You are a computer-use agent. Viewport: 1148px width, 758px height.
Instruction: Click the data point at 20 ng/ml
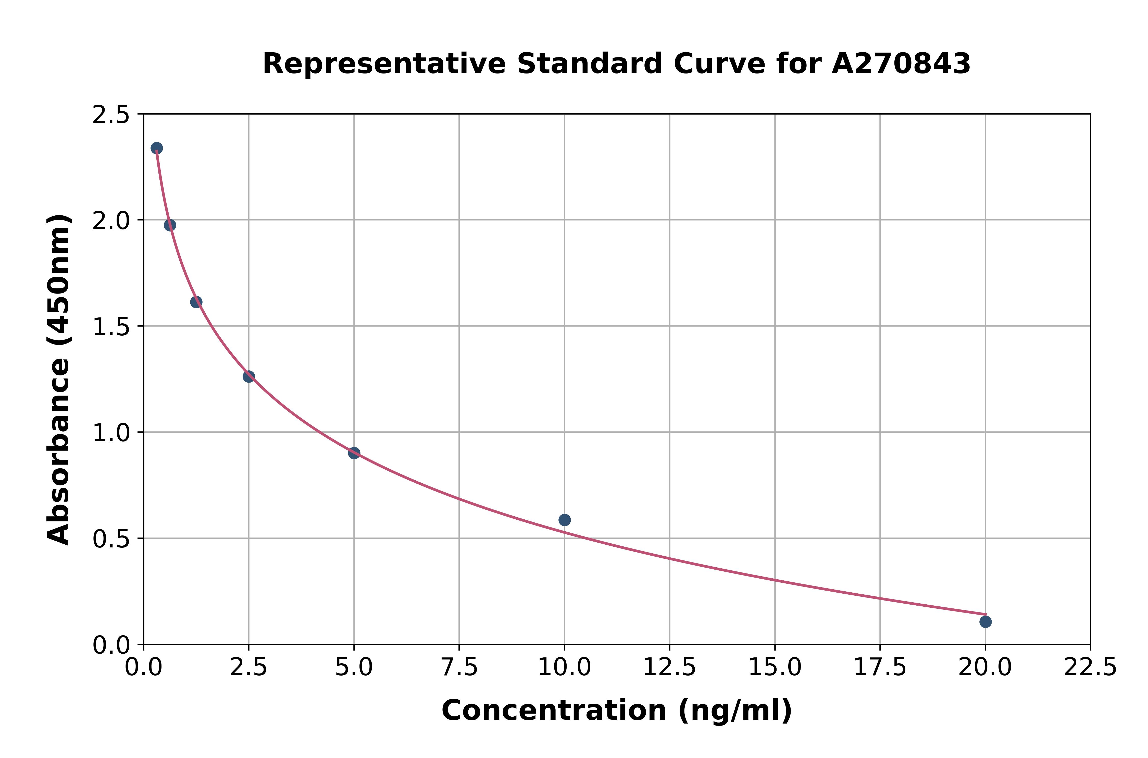point(985,622)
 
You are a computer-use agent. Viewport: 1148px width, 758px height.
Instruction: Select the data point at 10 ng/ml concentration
point(564,520)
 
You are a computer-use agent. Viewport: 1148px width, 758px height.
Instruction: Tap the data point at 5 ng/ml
point(354,453)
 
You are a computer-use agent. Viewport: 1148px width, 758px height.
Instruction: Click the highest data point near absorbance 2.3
point(157,148)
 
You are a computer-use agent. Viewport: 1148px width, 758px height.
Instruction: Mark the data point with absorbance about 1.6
point(196,302)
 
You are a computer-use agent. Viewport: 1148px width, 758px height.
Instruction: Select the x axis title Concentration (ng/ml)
point(617,711)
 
